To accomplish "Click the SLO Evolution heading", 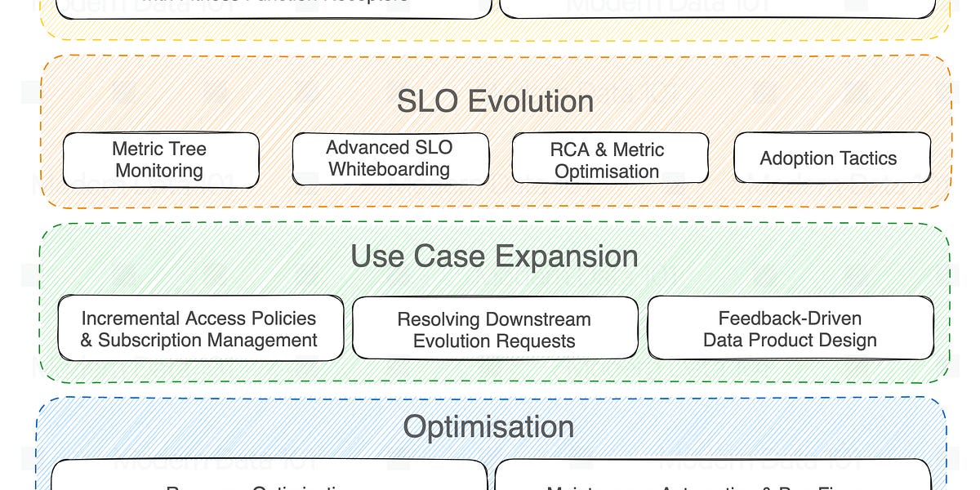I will pyautogui.click(x=495, y=101).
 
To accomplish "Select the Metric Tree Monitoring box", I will pyautogui.click(x=160, y=160).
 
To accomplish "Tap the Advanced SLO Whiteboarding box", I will pyautogui.click(x=390, y=158).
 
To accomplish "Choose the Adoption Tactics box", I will pyautogui.click(x=829, y=158).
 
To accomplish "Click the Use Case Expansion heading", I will pyautogui.click(x=494, y=256).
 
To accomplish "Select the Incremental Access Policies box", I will pyautogui.click(x=199, y=329).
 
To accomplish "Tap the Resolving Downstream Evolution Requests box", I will pyautogui.click(x=494, y=330).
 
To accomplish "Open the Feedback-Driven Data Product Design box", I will pyautogui.click(x=790, y=329).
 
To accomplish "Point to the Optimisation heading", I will pyautogui.click(x=488, y=426).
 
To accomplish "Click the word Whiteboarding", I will pyautogui.click(x=390, y=170).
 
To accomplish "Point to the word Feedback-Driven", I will pyautogui.click(x=790, y=318).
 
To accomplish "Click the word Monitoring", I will pyautogui.click(x=159, y=171).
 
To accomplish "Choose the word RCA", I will pyautogui.click(x=569, y=149).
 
